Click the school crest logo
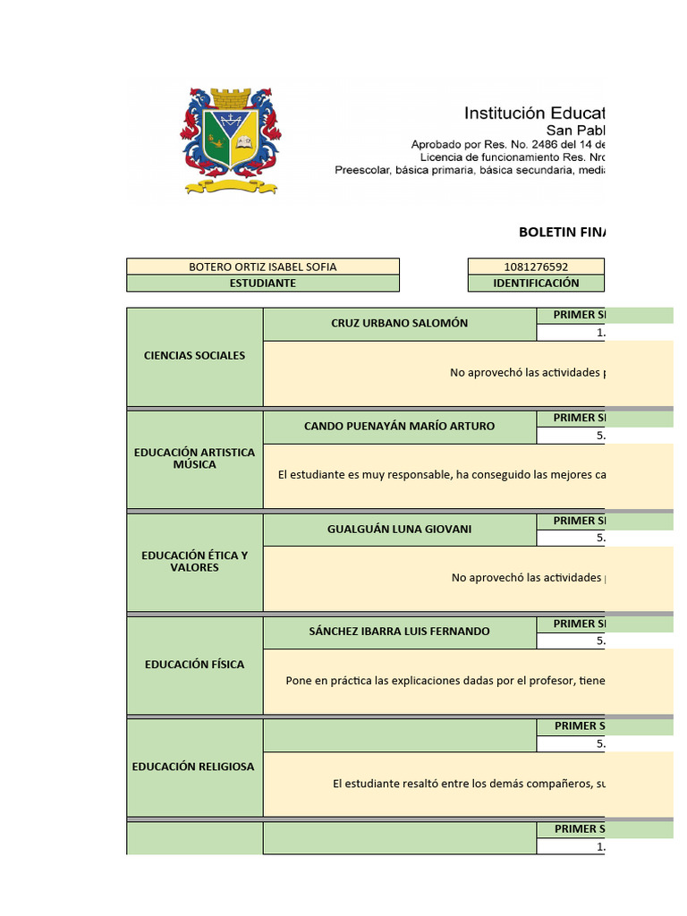coord(232,140)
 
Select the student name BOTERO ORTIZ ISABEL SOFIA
coord(263,267)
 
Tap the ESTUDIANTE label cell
coord(263,283)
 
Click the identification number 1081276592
coord(536,267)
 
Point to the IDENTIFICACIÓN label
coord(536,283)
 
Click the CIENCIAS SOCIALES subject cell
coord(194,355)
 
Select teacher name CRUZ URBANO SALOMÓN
coord(399,323)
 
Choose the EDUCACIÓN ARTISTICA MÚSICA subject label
coord(194,458)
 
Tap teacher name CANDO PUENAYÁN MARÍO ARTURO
coord(399,426)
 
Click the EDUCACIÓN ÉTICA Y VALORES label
coord(194,561)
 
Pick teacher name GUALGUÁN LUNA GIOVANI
coord(399,529)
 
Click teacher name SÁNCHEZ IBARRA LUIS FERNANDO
coord(399,632)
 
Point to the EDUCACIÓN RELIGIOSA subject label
coord(193,767)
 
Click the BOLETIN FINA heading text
coord(562,232)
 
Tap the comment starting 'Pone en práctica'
coord(445,681)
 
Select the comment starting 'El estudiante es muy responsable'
coord(441,475)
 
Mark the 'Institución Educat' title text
coord(534,114)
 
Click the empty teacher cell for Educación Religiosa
coord(399,735)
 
